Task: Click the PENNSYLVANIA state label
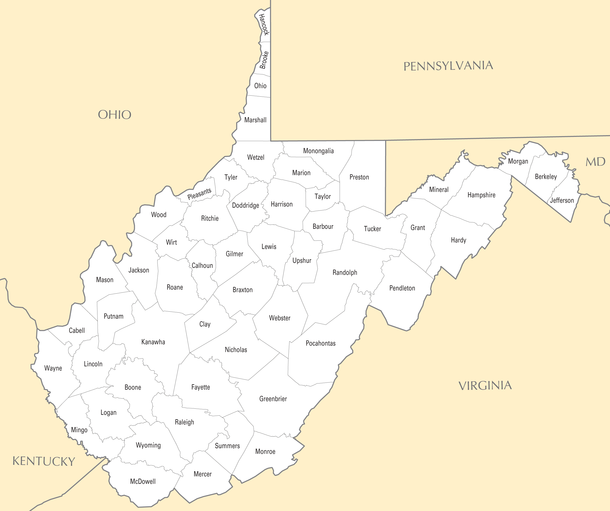[x=448, y=66]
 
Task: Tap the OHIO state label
[x=115, y=115]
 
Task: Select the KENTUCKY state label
[x=44, y=461]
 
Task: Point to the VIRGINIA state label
[x=485, y=386]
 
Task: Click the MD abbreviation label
[x=595, y=162]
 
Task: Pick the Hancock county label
[x=264, y=24]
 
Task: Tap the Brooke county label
[x=264, y=60]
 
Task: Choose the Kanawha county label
[x=153, y=342]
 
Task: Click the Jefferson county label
[x=562, y=200]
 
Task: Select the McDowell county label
[x=143, y=481]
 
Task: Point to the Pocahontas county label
[x=320, y=343]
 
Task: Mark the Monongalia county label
[x=318, y=151]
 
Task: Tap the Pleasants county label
[x=199, y=193]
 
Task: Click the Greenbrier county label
[x=273, y=399]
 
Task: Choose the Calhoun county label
[x=202, y=266]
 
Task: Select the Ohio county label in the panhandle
[x=260, y=85]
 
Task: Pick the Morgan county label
[x=518, y=161]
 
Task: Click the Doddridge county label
[x=245, y=205]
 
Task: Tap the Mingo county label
[x=79, y=430]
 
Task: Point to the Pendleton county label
[x=402, y=288]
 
